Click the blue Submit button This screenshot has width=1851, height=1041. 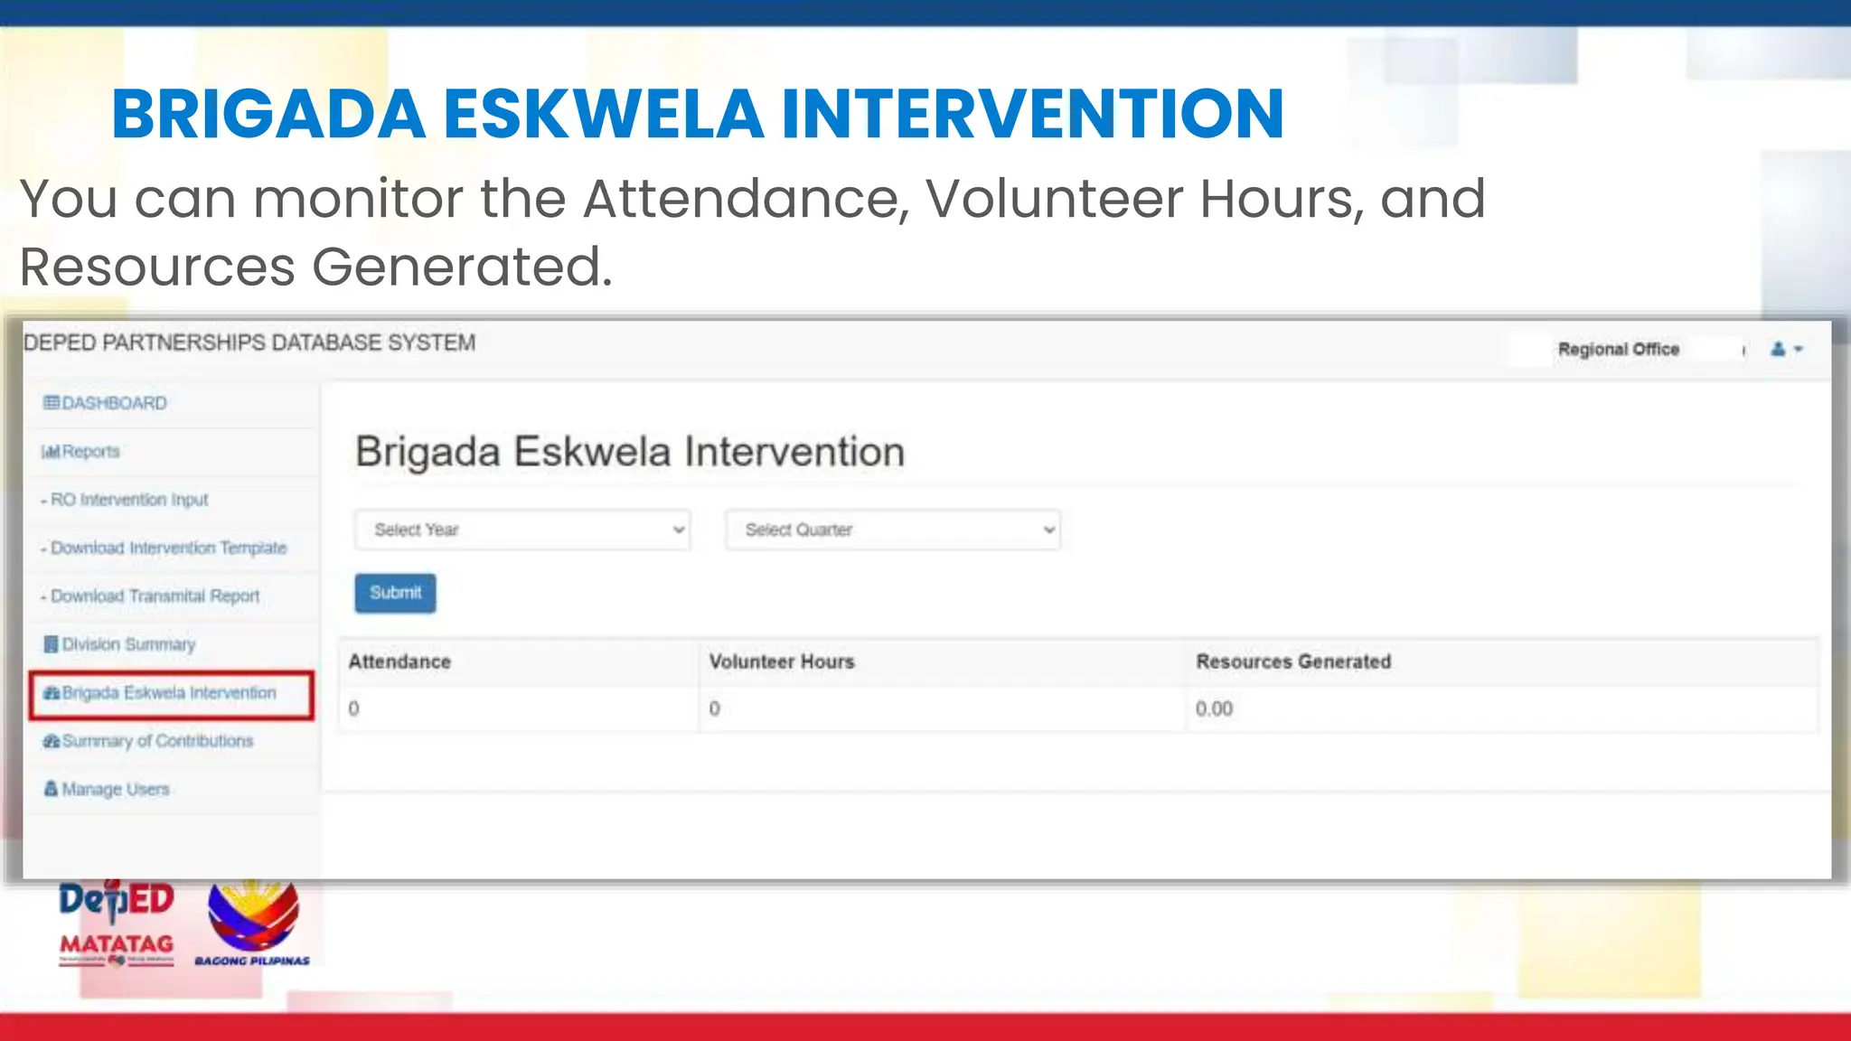click(395, 593)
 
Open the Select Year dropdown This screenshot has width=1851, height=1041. click(522, 530)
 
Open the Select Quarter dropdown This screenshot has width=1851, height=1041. click(892, 530)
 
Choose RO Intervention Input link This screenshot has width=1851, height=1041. click(129, 500)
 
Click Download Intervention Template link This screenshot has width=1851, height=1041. click(168, 548)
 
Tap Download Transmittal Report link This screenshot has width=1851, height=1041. click(155, 596)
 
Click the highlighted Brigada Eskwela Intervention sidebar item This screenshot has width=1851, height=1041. click(169, 693)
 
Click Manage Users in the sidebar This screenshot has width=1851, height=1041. click(115, 789)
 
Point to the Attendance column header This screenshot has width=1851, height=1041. click(399, 661)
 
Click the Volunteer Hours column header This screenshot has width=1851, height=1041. click(782, 661)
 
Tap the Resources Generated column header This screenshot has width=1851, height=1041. click(1293, 661)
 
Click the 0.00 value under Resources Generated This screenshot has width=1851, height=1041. click(1214, 708)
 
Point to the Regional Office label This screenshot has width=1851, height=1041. click(1618, 349)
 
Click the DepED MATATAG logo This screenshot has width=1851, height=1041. click(117, 922)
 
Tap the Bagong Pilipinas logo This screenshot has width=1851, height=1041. click(253, 922)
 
